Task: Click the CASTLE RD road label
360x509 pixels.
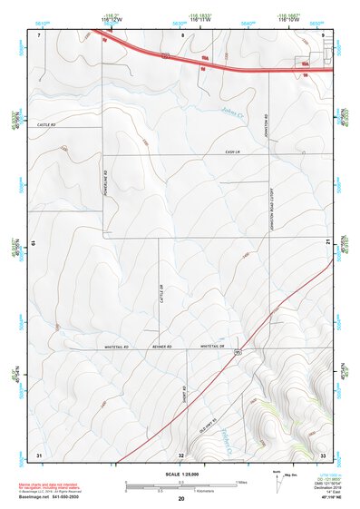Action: [x=46, y=125]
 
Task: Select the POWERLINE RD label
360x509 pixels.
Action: [x=106, y=185]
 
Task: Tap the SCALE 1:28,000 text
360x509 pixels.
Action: [x=180, y=475]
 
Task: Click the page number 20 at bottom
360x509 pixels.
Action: [x=181, y=498]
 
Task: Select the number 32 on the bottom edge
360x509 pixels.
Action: [x=181, y=455]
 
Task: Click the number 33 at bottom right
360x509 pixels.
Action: [x=323, y=454]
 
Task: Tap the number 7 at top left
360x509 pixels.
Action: [x=39, y=34]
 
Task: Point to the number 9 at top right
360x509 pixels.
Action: [x=324, y=34]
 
